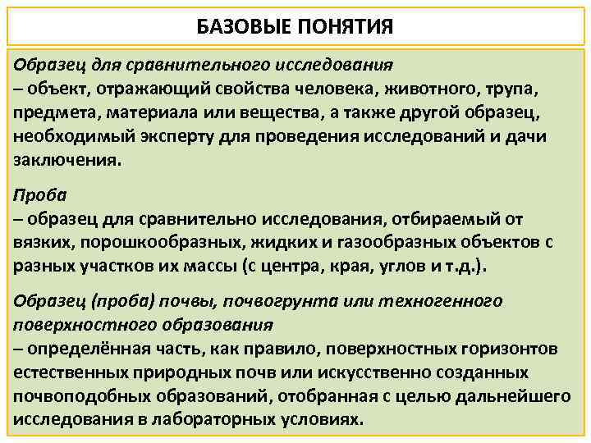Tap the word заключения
click(65, 160)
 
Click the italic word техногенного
click(442, 302)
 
